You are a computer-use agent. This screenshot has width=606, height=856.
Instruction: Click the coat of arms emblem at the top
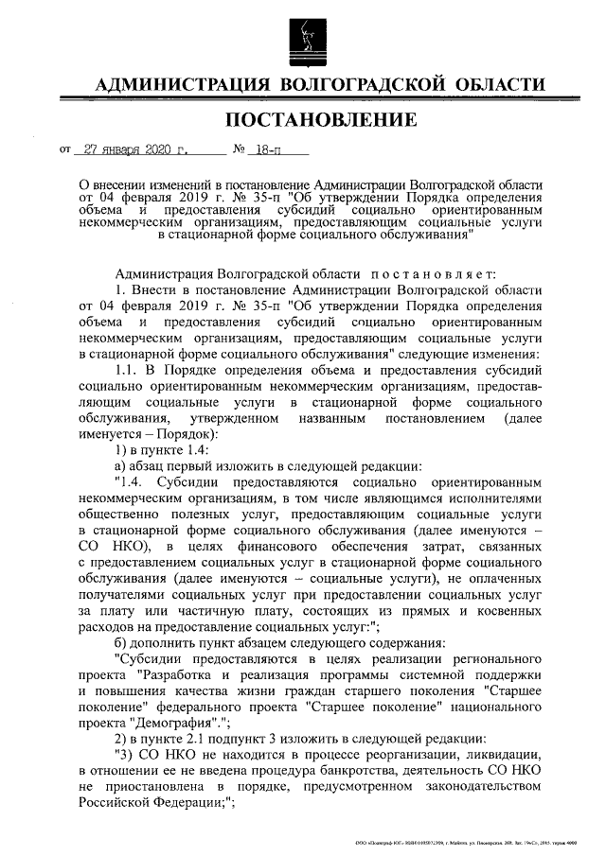[301, 35]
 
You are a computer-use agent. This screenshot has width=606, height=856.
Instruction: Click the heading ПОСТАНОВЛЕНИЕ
[320, 119]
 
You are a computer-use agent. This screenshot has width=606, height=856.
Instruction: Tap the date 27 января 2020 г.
[137, 149]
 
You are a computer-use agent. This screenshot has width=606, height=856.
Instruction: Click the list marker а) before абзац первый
[119, 464]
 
